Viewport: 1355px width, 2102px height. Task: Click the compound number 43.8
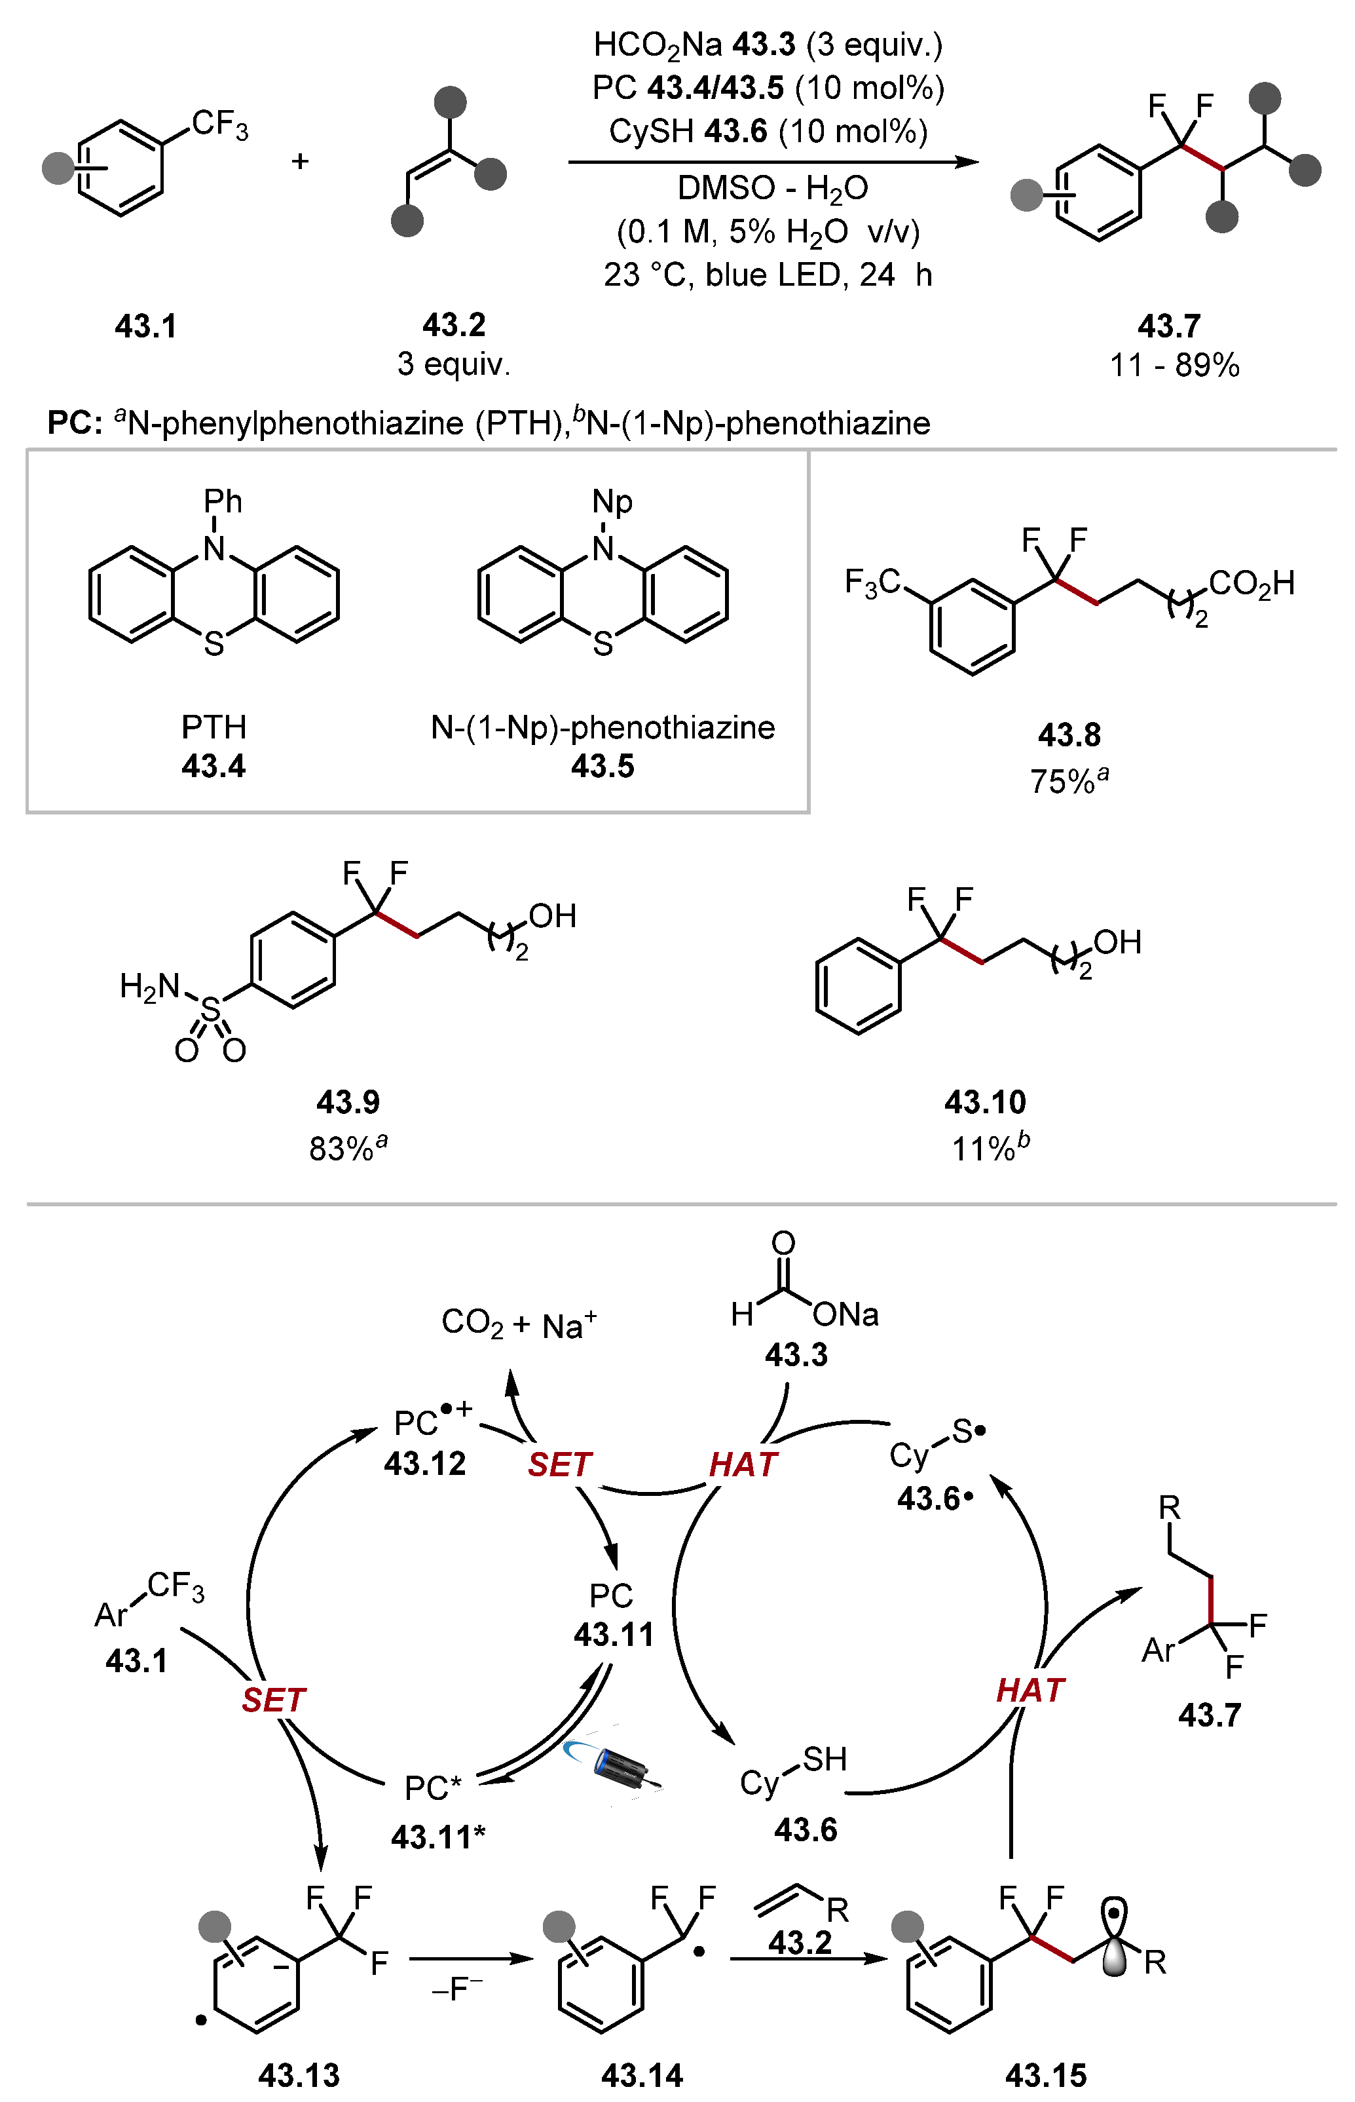1069,735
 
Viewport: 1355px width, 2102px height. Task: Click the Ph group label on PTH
223,502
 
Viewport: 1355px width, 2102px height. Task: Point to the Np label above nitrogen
612,502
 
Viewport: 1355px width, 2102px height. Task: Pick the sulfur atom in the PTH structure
213,644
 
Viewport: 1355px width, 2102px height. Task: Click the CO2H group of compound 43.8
1251,583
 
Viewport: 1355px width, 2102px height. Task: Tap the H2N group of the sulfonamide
149,987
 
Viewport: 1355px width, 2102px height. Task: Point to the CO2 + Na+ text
519,1324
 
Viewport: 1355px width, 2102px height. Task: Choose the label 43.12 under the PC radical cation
425,1463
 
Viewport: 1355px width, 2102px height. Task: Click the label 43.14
642,2074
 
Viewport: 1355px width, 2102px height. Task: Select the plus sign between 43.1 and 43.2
300,161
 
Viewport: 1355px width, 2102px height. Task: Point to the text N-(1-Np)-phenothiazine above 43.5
603,727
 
